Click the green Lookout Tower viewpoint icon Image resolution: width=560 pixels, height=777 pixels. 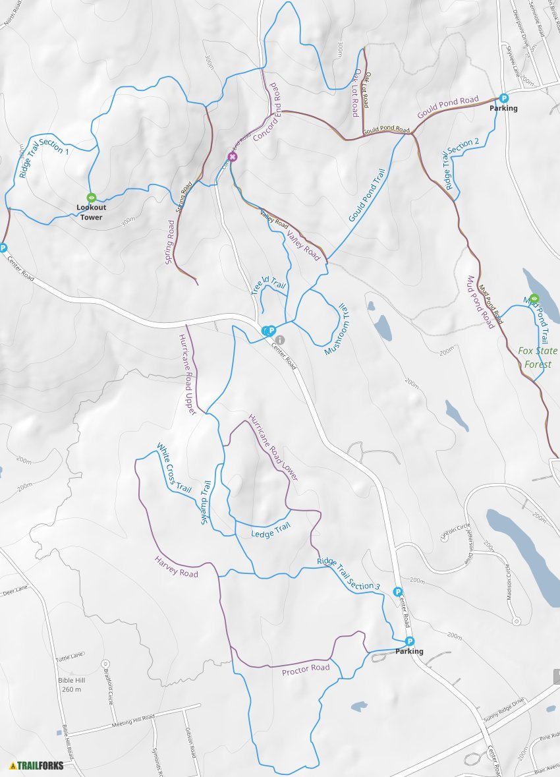[x=92, y=197]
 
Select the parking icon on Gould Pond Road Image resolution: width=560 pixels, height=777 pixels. [x=504, y=98]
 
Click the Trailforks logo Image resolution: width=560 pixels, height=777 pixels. [x=37, y=765]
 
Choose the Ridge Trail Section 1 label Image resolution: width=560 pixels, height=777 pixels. [x=43, y=158]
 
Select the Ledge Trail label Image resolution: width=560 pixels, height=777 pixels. [x=271, y=529]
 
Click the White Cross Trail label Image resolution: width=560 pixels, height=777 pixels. [x=174, y=469]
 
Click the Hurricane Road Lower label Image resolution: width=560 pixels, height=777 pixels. [x=273, y=447]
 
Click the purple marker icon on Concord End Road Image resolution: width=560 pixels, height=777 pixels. [x=231, y=157]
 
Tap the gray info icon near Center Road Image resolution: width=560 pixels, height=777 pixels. [x=281, y=339]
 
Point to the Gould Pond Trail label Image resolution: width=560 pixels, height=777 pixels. [x=366, y=195]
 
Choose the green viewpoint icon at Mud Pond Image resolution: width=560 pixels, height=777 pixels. [x=534, y=298]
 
